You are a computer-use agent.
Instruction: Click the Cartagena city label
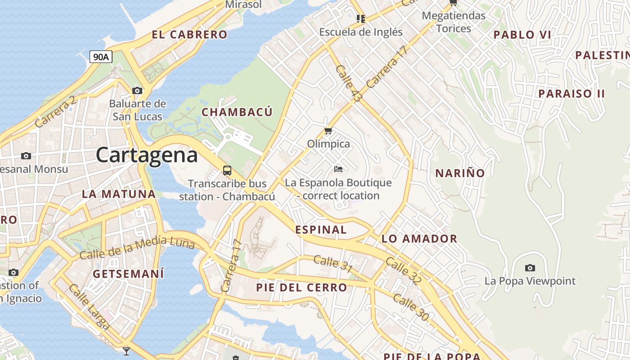(x=147, y=155)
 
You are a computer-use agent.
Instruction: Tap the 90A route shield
(x=101, y=57)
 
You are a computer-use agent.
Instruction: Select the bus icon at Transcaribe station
(x=227, y=171)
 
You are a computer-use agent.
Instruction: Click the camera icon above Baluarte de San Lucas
(x=137, y=90)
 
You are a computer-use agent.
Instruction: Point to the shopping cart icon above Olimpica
(x=328, y=131)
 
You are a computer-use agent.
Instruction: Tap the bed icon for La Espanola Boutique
(x=338, y=169)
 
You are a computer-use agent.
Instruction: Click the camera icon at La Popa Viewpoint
(x=530, y=268)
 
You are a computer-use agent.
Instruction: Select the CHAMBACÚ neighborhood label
(x=237, y=112)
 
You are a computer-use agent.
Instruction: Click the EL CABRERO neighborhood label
(x=189, y=35)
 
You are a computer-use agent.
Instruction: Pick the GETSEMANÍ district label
(x=128, y=274)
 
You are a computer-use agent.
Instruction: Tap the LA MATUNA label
(x=119, y=194)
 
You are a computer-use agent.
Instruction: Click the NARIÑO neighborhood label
(x=460, y=173)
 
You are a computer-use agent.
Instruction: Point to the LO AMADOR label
(x=419, y=238)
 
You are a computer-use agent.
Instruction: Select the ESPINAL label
(x=321, y=229)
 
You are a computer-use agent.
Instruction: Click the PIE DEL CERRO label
(x=301, y=287)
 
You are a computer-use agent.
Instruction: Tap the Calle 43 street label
(x=349, y=84)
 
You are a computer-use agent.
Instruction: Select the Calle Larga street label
(x=90, y=306)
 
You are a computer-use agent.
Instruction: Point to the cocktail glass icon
(x=126, y=351)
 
